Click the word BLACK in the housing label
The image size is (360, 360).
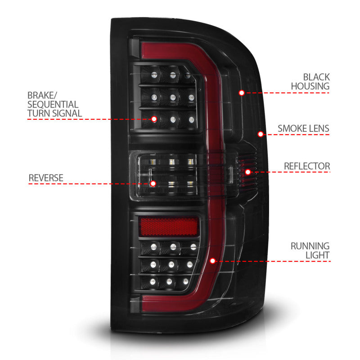click(x=316, y=77)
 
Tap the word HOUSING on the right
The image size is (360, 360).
click(x=310, y=86)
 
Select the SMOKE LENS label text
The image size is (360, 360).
click(x=303, y=129)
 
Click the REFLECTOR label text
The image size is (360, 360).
click(x=306, y=166)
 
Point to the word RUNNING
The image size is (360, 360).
click(x=310, y=246)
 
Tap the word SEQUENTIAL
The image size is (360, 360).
click(x=53, y=104)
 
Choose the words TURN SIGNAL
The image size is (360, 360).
click(x=54, y=113)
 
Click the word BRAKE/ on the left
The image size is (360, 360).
click(x=42, y=95)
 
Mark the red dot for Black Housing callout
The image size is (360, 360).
click(x=242, y=93)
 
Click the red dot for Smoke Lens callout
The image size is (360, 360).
click(x=260, y=134)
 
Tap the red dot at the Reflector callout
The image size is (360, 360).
click(x=247, y=171)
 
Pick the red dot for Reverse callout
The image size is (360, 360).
click(x=153, y=184)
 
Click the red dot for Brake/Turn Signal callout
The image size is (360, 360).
click(x=154, y=119)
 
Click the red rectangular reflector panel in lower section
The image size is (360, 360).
click(x=169, y=226)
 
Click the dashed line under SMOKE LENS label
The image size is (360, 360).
click(x=297, y=134)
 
